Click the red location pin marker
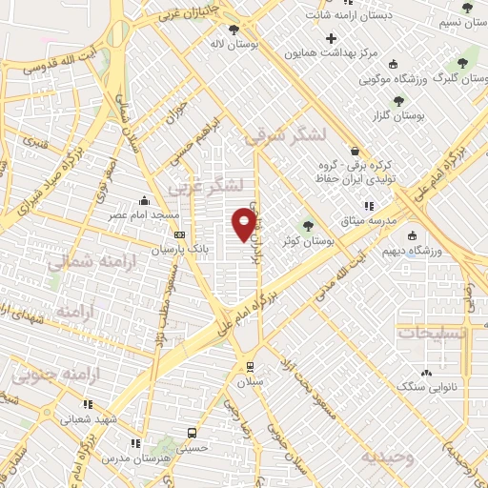pos(244,224)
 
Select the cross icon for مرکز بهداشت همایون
pos(331,38)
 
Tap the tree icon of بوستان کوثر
pos(307,226)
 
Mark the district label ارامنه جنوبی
pos(47,374)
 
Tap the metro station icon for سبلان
pos(250,366)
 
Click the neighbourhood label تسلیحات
pos(430,334)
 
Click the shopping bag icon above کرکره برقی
pos(356,151)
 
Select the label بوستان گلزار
pos(399,115)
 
